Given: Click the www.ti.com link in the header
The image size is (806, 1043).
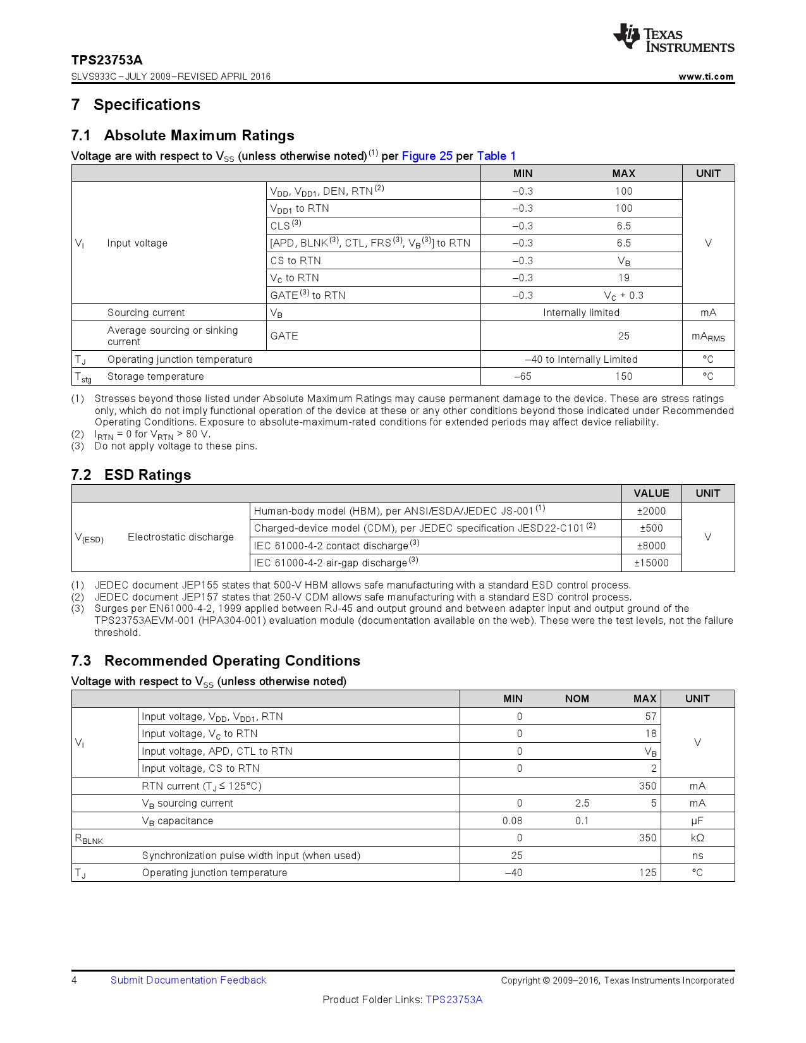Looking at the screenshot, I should pyautogui.click(x=705, y=76).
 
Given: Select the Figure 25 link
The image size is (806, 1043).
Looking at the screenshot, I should pyautogui.click(x=427, y=156).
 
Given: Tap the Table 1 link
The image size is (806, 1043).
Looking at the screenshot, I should pyautogui.click(x=496, y=156).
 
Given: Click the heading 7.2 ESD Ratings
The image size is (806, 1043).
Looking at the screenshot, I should pyautogui.click(x=131, y=475).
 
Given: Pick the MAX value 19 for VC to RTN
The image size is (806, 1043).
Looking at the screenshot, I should pyautogui.click(x=623, y=278).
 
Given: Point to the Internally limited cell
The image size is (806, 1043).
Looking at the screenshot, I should pyautogui.click(x=581, y=313).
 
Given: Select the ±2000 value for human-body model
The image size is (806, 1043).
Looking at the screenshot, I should pyautogui.click(x=650, y=511).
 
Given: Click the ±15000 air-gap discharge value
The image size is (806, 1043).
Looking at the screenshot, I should pyautogui.click(x=651, y=563).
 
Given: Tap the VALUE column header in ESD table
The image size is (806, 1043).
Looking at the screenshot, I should pyautogui.click(x=651, y=494).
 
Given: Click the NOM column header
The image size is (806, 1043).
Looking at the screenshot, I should pyautogui.click(x=577, y=699).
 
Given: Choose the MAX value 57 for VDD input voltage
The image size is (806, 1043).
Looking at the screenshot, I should pyautogui.click(x=650, y=717).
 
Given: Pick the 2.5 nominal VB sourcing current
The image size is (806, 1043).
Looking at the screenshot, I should pyautogui.click(x=582, y=803).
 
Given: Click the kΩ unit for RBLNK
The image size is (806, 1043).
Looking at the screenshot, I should pyautogui.click(x=697, y=838).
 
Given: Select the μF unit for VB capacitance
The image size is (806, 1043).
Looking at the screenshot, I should pyautogui.click(x=697, y=821).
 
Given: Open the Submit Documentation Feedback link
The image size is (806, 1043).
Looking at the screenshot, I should pyautogui.click(x=188, y=980).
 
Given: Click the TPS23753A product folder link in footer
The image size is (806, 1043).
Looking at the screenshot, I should pyautogui.click(x=454, y=1000).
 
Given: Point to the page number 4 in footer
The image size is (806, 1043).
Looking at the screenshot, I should pyautogui.click(x=75, y=980).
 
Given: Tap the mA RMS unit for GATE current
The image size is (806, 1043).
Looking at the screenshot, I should pyautogui.click(x=708, y=337).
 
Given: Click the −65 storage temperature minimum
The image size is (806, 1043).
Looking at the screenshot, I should pyautogui.click(x=522, y=377).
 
